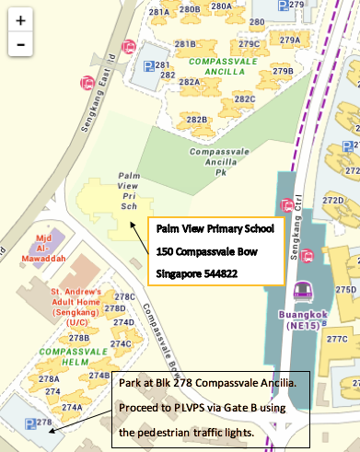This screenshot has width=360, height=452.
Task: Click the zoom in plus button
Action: (x=20, y=18)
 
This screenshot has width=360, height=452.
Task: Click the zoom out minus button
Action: (x=20, y=43)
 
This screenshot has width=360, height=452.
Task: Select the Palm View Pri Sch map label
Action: (x=126, y=191)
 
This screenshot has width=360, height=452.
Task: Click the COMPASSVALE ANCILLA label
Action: (x=220, y=66)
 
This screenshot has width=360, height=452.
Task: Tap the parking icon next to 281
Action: (x=148, y=65)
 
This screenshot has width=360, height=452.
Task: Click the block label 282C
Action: (x=244, y=99)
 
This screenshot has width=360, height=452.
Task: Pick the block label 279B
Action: (x=282, y=71)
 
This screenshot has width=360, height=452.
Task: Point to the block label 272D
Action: (x=332, y=199)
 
